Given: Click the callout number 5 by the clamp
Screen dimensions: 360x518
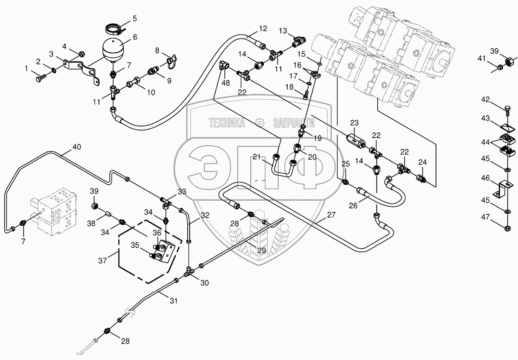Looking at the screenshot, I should tap(124, 18).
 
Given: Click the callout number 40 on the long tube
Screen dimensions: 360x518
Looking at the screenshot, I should tap(77, 147).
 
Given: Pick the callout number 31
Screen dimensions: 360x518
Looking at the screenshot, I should tap(173, 301).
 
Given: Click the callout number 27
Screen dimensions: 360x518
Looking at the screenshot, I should tap(331, 215).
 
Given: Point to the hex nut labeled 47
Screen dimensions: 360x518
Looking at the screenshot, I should tap(507, 228).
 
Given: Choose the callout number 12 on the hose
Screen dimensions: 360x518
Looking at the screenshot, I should tap(263, 28).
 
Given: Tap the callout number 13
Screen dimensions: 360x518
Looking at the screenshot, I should tap(283, 31).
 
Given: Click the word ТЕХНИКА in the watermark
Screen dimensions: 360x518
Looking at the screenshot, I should tap(227, 123).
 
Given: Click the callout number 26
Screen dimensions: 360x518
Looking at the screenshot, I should tap(353, 206).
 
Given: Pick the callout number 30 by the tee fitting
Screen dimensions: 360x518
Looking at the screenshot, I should tap(204, 283).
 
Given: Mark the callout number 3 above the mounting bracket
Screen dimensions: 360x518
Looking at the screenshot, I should tap(51, 54).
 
